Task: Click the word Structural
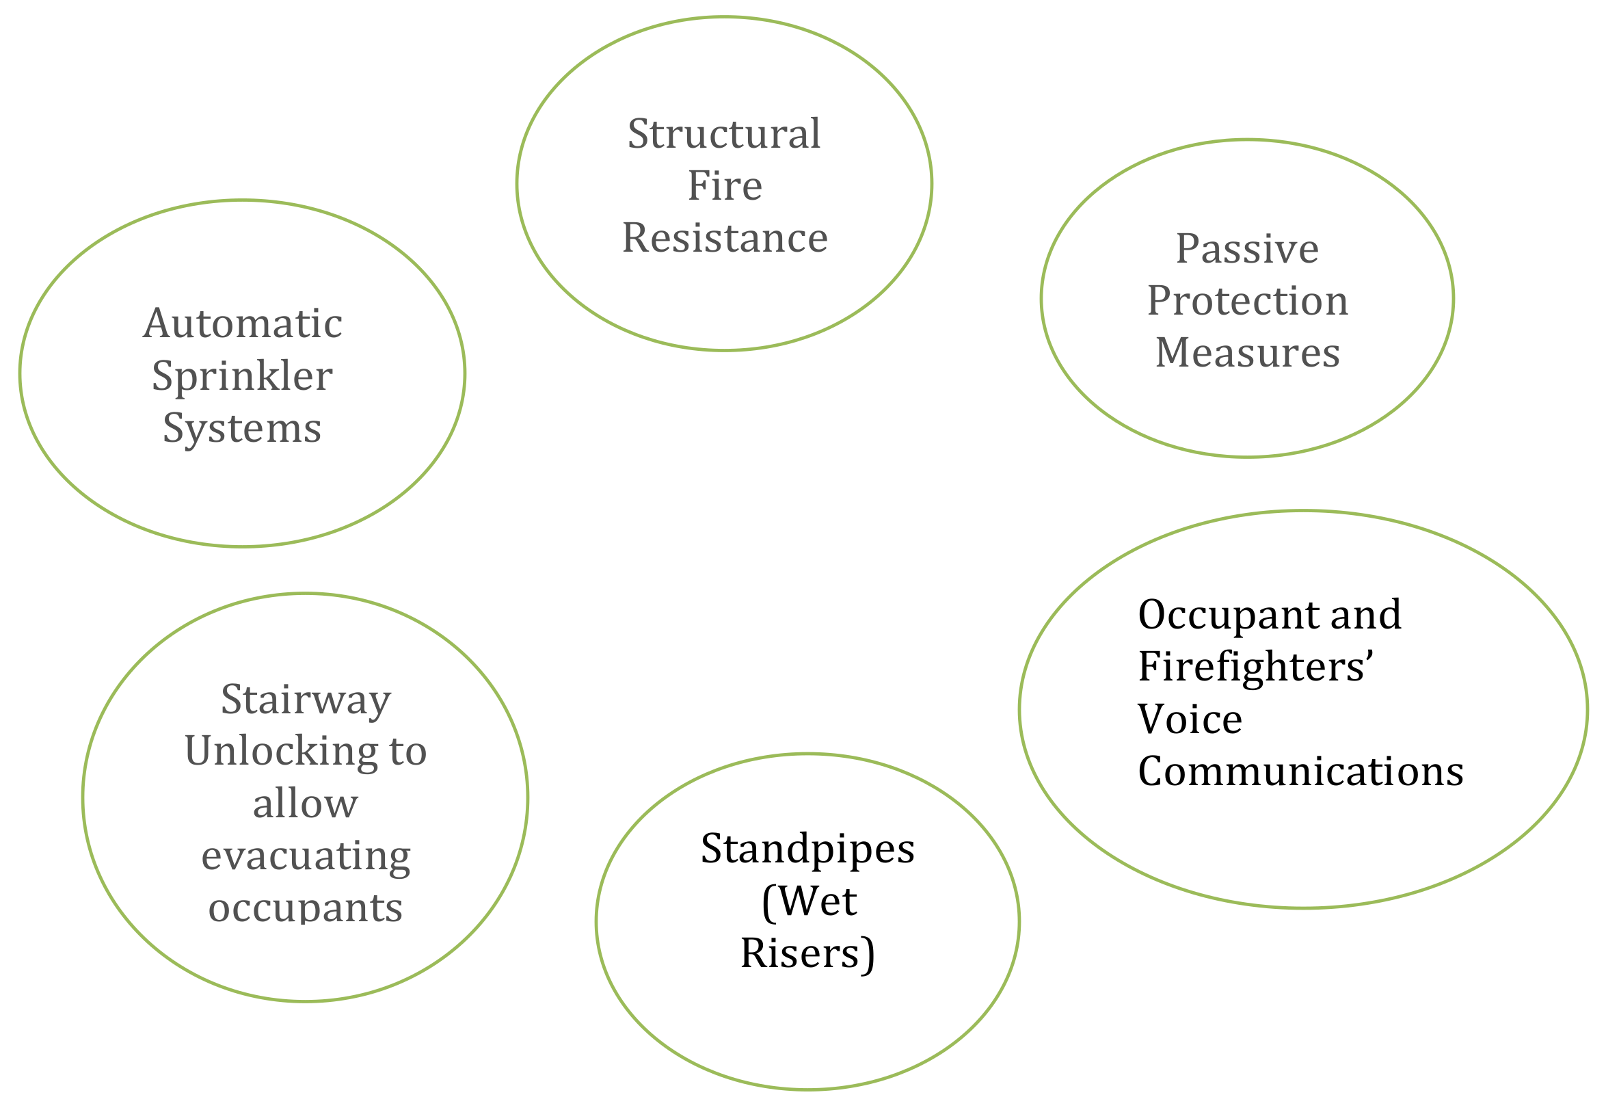724,133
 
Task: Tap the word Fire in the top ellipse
725,186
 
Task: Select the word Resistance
725,238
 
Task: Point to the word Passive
1246,248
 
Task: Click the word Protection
1247,300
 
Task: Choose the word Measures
1247,353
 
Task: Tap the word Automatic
243,323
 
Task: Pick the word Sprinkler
242,376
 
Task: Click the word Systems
242,427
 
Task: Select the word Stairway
306,699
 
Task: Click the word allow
305,804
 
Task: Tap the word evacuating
306,856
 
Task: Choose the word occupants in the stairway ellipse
305,908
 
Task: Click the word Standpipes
807,849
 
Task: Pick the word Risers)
807,953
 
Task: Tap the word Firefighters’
1255,666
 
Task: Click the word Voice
1190,719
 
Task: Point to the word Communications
1300,771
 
